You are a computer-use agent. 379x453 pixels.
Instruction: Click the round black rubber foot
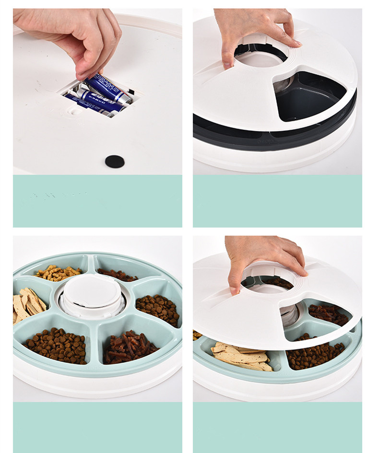[x=115, y=162]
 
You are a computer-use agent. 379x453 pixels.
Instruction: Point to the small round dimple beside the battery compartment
[x=74, y=110]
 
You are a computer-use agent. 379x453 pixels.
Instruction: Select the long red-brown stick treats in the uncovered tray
[x=130, y=345]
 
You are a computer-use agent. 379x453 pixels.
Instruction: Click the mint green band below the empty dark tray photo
[x=277, y=201]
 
